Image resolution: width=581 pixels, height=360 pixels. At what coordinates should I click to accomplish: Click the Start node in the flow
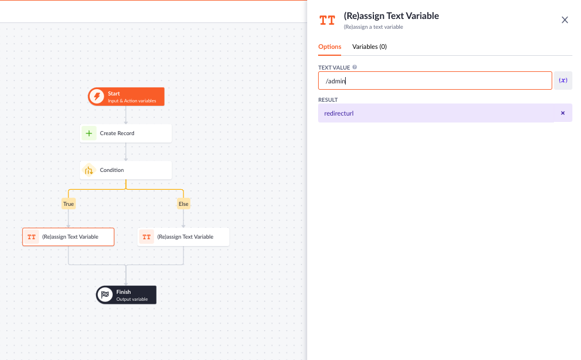[x=126, y=97]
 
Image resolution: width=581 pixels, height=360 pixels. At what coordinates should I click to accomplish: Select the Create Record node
[x=126, y=133]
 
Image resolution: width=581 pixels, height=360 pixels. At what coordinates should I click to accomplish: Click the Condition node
[x=126, y=170]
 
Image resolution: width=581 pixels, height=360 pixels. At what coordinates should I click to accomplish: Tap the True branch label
[x=68, y=204]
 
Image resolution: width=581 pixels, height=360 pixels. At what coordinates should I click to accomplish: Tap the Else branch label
[x=184, y=204]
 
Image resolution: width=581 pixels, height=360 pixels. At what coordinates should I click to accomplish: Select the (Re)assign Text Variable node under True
[x=68, y=237]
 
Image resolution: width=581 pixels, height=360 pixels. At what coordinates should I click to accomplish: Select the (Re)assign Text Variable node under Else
[x=184, y=237]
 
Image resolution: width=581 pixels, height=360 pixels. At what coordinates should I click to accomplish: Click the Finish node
[x=126, y=295]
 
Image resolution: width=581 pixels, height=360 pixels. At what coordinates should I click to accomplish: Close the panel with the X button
[x=565, y=20]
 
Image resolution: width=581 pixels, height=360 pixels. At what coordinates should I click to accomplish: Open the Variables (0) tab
[x=369, y=47]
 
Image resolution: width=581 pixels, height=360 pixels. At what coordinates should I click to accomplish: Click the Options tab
[x=330, y=47]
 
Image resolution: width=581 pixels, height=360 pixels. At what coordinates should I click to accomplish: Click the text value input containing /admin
[x=435, y=81]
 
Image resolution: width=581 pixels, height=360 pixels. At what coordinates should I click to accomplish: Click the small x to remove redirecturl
[x=563, y=113]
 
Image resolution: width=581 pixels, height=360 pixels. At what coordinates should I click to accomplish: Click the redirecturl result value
[x=339, y=113]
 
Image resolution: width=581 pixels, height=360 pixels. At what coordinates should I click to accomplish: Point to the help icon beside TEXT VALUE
[x=354, y=67]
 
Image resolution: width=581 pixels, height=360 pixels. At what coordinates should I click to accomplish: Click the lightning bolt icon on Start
[x=97, y=97]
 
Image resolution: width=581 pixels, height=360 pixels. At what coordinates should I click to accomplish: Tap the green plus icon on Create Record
[x=89, y=133]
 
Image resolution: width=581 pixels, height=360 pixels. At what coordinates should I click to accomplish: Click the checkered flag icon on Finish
[x=105, y=295]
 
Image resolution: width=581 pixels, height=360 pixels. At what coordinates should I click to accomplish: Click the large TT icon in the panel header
[x=327, y=20]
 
